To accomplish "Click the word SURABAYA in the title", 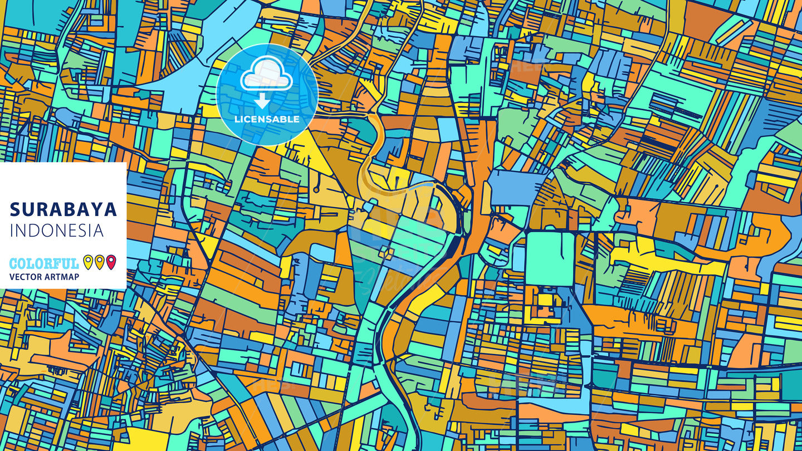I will point(63,209).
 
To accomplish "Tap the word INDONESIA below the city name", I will point(57,231).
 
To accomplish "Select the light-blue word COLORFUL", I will point(44,263).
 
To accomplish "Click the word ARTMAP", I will point(63,277).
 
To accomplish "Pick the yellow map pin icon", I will point(87,262).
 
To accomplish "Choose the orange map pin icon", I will point(99,262).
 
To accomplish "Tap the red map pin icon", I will point(111,262).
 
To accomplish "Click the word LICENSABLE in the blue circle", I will point(267,119).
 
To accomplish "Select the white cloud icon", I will point(266,76).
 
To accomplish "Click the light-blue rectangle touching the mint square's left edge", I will point(519,258).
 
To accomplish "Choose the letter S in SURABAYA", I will point(15,209).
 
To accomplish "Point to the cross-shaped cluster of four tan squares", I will point(387,253).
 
